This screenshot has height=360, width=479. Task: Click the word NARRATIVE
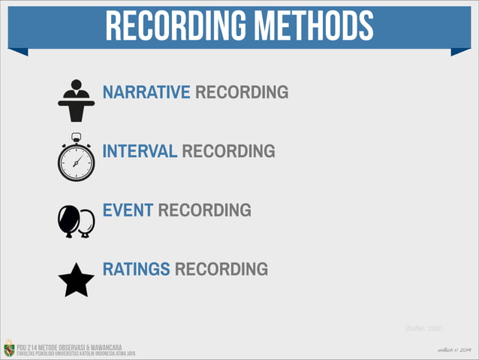click(146, 93)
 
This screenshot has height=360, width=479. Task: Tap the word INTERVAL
click(140, 152)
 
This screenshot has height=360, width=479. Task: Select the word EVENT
click(128, 210)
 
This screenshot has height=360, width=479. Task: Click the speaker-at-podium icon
click(76, 100)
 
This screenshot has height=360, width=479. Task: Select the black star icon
click(76, 280)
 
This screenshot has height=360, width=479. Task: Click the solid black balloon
click(68, 219)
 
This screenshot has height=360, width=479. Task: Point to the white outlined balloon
click(87, 221)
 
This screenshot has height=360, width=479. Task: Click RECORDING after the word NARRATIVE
click(241, 93)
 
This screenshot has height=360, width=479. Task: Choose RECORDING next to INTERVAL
click(228, 152)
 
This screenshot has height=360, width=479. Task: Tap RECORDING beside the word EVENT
click(204, 210)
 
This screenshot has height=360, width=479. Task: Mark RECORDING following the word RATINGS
click(221, 269)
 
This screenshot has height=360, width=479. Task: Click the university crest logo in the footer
click(9, 348)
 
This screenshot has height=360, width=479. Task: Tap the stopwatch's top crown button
click(76, 136)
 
